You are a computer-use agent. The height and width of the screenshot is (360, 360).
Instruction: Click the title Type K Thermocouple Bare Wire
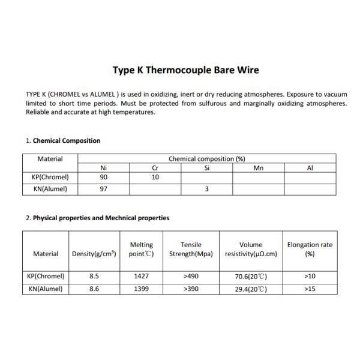tap(186, 70)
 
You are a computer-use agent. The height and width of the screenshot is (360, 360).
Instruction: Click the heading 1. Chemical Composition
tap(63, 141)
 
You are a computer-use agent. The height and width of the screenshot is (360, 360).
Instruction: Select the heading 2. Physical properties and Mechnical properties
tap(97, 218)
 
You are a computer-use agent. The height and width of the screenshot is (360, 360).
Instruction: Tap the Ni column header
tap(103, 169)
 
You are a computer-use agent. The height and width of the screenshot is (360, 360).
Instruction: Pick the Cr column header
tap(155, 169)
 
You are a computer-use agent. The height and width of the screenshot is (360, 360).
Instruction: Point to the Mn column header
tap(259, 169)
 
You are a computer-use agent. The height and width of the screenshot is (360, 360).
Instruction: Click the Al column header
tap(310, 169)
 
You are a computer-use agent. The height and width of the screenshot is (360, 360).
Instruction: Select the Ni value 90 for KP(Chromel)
tap(103, 178)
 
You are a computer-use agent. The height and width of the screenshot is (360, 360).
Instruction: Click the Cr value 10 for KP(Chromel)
tap(155, 178)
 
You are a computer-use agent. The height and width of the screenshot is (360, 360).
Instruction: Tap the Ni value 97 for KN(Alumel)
tap(103, 189)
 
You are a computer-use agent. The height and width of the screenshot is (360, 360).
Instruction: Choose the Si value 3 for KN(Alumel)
tap(207, 189)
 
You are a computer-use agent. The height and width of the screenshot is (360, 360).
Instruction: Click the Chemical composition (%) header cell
tap(207, 159)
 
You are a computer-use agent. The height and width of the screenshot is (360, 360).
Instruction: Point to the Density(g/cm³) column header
tap(94, 254)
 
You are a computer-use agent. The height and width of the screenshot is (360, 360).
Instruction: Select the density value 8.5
tap(94, 277)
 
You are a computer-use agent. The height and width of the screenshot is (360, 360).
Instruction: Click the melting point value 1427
tap(142, 277)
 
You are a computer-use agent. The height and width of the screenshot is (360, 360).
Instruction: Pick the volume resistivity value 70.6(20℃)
tap(251, 277)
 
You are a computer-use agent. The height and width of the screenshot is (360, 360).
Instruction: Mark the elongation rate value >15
tap(310, 289)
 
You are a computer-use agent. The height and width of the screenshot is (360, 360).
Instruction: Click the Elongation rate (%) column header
tap(310, 249)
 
